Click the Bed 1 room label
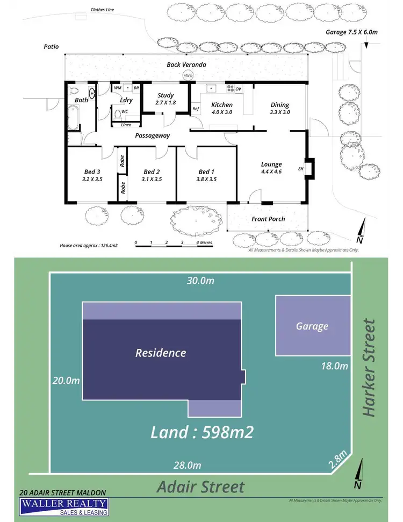pos(206,172)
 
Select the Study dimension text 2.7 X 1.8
pos(165,103)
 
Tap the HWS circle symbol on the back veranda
pos(188,76)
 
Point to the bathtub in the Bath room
pos(74,117)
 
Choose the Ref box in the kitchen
pos(196,109)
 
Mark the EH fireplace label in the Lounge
pos(301,169)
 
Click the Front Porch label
pos(268,219)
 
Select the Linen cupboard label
pos(126,125)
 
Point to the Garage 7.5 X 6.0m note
pos(352,32)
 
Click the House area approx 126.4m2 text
pos(89,245)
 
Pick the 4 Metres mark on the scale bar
pos(204,242)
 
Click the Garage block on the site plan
pos(312,326)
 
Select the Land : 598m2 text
pos(201,432)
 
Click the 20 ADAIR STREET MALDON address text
pos(62,492)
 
